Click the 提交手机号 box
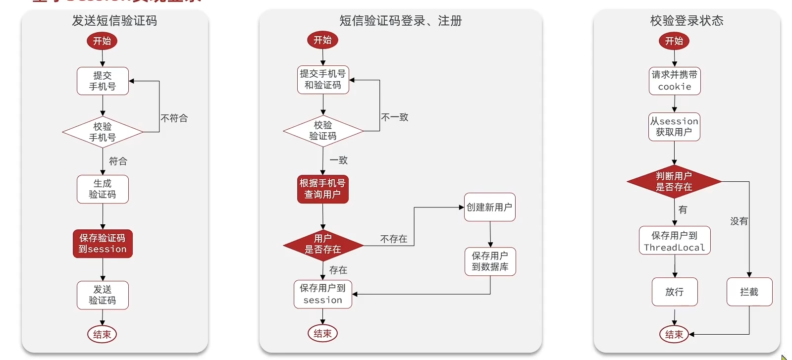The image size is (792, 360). click(x=103, y=81)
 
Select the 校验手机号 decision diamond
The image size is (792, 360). click(x=103, y=132)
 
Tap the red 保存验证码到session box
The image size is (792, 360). click(x=103, y=244)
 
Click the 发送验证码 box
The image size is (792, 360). click(x=103, y=295)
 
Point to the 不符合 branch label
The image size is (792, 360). click(x=174, y=118)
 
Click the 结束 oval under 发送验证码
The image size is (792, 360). click(x=102, y=334)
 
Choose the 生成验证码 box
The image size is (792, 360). click(x=103, y=189)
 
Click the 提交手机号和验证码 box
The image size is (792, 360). click(x=323, y=80)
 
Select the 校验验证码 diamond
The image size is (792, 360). click(x=323, y=131)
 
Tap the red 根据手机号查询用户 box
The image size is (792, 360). click(x=323, y=189)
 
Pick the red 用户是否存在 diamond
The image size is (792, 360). click(x=323, y=244)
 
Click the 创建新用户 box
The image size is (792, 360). click(x=489, y=207)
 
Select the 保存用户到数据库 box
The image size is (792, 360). click(x=490, y=261)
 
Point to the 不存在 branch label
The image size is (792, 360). click(x=394, y=239)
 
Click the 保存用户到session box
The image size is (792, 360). click(x=323, y=294)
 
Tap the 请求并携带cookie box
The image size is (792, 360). click(x=675, y=81)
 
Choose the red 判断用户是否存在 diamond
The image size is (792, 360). click(x=674, y=182)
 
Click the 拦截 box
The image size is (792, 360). click(x=749, y=292)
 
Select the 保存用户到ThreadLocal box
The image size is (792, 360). click(x=675, y=241)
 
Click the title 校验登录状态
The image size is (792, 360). click(x=686, y=21)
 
